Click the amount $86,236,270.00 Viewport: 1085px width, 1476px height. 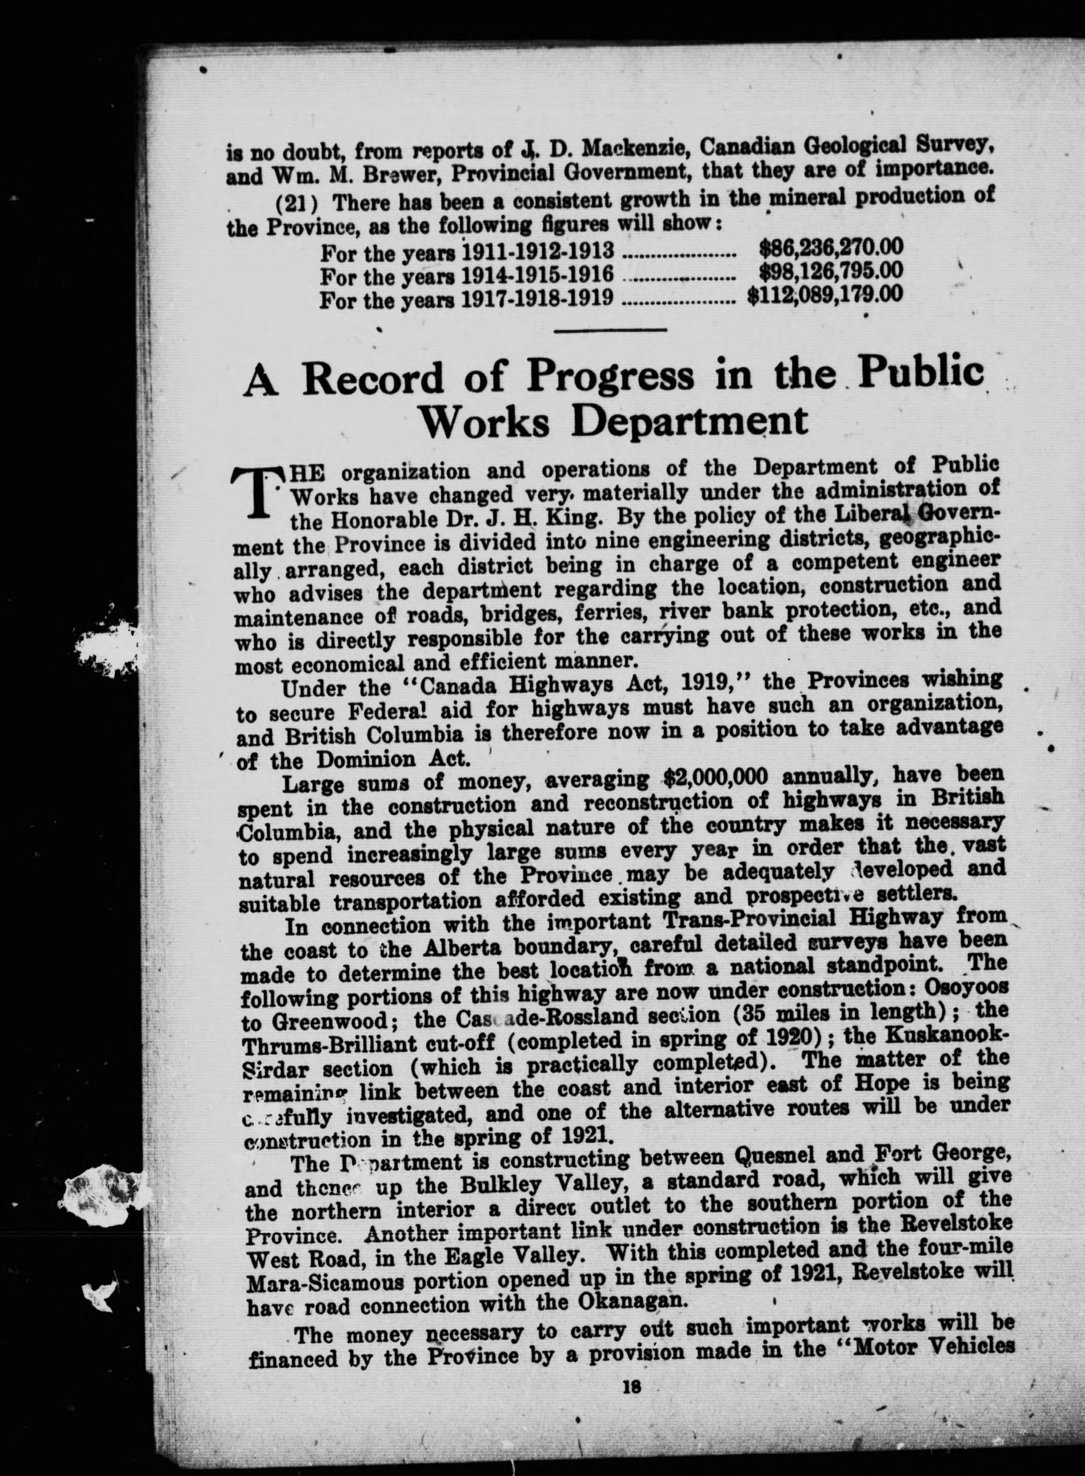click(831, 247)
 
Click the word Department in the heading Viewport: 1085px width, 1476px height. click(689, 421)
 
